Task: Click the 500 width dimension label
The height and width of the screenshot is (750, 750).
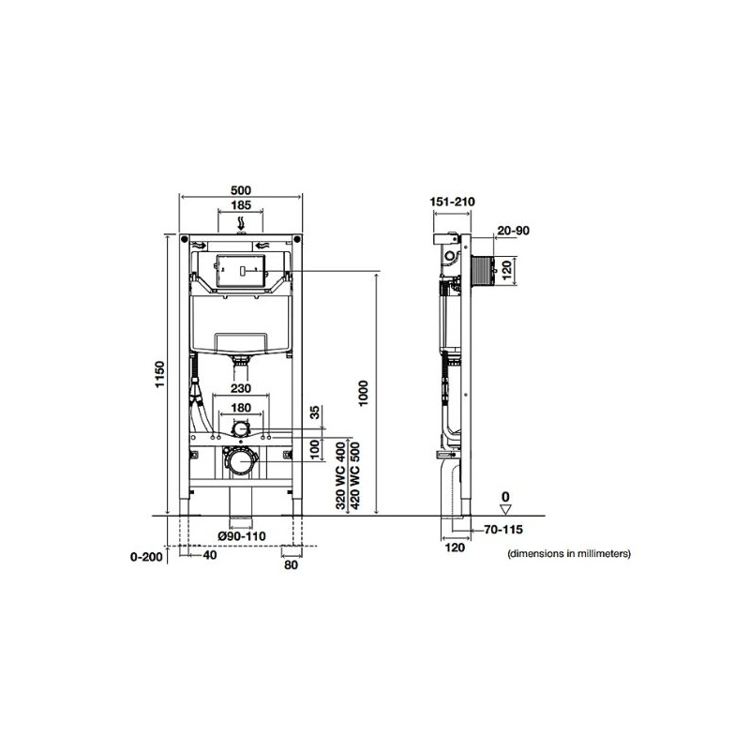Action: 241,190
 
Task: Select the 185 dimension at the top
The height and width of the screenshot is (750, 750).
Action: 241,205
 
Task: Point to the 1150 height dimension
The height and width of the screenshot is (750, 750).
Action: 159,374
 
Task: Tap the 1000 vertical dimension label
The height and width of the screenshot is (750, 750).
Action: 364,393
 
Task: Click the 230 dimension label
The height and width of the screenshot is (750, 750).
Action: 241,388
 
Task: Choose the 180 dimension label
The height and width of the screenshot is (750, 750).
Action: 241,408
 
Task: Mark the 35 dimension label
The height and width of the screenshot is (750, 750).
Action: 315,412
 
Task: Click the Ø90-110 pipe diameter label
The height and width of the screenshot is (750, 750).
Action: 242,536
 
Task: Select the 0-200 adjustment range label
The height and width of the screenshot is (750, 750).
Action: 146,557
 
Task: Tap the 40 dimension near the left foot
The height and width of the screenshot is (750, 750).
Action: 210,555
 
